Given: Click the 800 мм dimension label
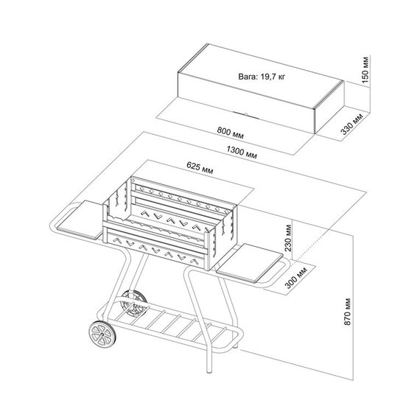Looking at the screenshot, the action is (x=231, y=133).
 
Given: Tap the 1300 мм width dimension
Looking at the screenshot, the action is (x=242, y=152).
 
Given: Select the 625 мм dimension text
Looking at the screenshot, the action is (x=200, y=168).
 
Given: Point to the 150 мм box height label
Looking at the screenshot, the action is (x=365, y=70).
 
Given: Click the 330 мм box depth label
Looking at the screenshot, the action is (x=351, y=124).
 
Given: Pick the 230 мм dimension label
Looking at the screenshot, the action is (x=288, y=238).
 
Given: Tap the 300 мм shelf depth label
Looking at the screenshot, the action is (x=295, y=278).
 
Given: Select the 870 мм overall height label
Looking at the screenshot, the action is (x=347, y=311).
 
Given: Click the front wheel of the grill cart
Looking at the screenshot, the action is (x=102, y=335).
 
